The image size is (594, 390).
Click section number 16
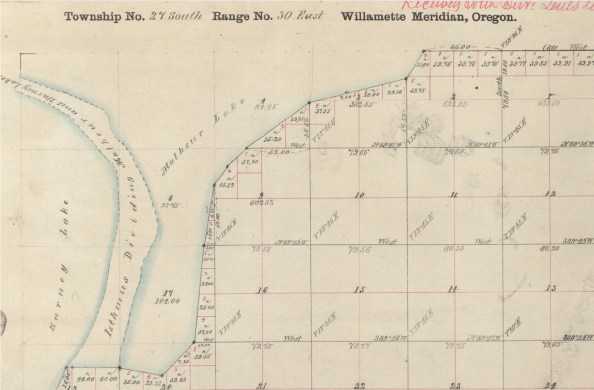[x=261, y=288]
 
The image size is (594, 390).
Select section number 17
[x=171, y=289]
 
